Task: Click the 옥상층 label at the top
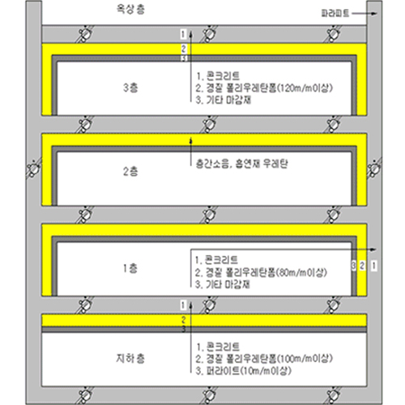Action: [130, 9]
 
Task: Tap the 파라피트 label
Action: [335, 13]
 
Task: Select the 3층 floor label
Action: [130, 87]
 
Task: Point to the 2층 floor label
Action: [130, 171]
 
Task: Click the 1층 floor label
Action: [130, 268]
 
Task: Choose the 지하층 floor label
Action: [130, 358]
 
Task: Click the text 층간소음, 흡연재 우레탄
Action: [242, 164]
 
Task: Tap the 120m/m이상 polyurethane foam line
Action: [264, 88]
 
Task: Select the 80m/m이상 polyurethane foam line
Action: [261, 272]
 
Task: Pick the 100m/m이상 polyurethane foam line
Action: [264, 359]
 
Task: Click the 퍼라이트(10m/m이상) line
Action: [244, 371]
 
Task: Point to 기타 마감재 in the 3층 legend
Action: [224, 100]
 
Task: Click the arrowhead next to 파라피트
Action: [374, 14]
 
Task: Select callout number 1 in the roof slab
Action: [184, 34]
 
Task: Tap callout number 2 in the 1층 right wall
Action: [362, 266]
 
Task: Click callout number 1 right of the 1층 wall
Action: [374, 266]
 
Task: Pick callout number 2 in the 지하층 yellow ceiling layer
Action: [184, 320]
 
